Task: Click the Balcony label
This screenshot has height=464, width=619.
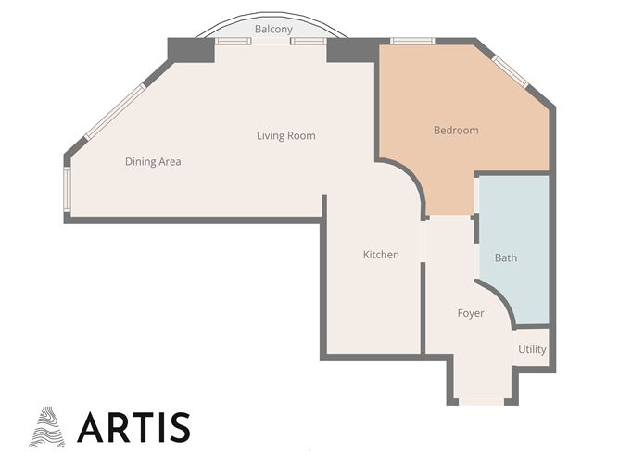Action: pos(273,30)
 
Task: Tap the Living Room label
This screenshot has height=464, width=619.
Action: pos(286,136)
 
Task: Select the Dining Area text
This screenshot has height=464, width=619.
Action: pos(153,162)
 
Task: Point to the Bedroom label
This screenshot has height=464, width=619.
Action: pos(456,131)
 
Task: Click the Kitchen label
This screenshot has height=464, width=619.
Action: pos(381,255)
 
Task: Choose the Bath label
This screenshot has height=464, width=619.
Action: pos(505,258)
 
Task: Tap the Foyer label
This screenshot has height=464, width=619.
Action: pos(471,314)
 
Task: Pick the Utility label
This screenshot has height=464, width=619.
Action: pos(532,350)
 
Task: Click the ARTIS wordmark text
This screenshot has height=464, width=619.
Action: pos(134,427)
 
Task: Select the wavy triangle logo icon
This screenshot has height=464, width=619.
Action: pos(48,427)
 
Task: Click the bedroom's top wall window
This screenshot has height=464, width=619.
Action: pos(411,42)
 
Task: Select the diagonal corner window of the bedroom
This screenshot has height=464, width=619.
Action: pos(510,71)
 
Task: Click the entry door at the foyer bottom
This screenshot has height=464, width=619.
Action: pos(481,401)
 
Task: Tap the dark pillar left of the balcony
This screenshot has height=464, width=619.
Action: pos(190,49)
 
